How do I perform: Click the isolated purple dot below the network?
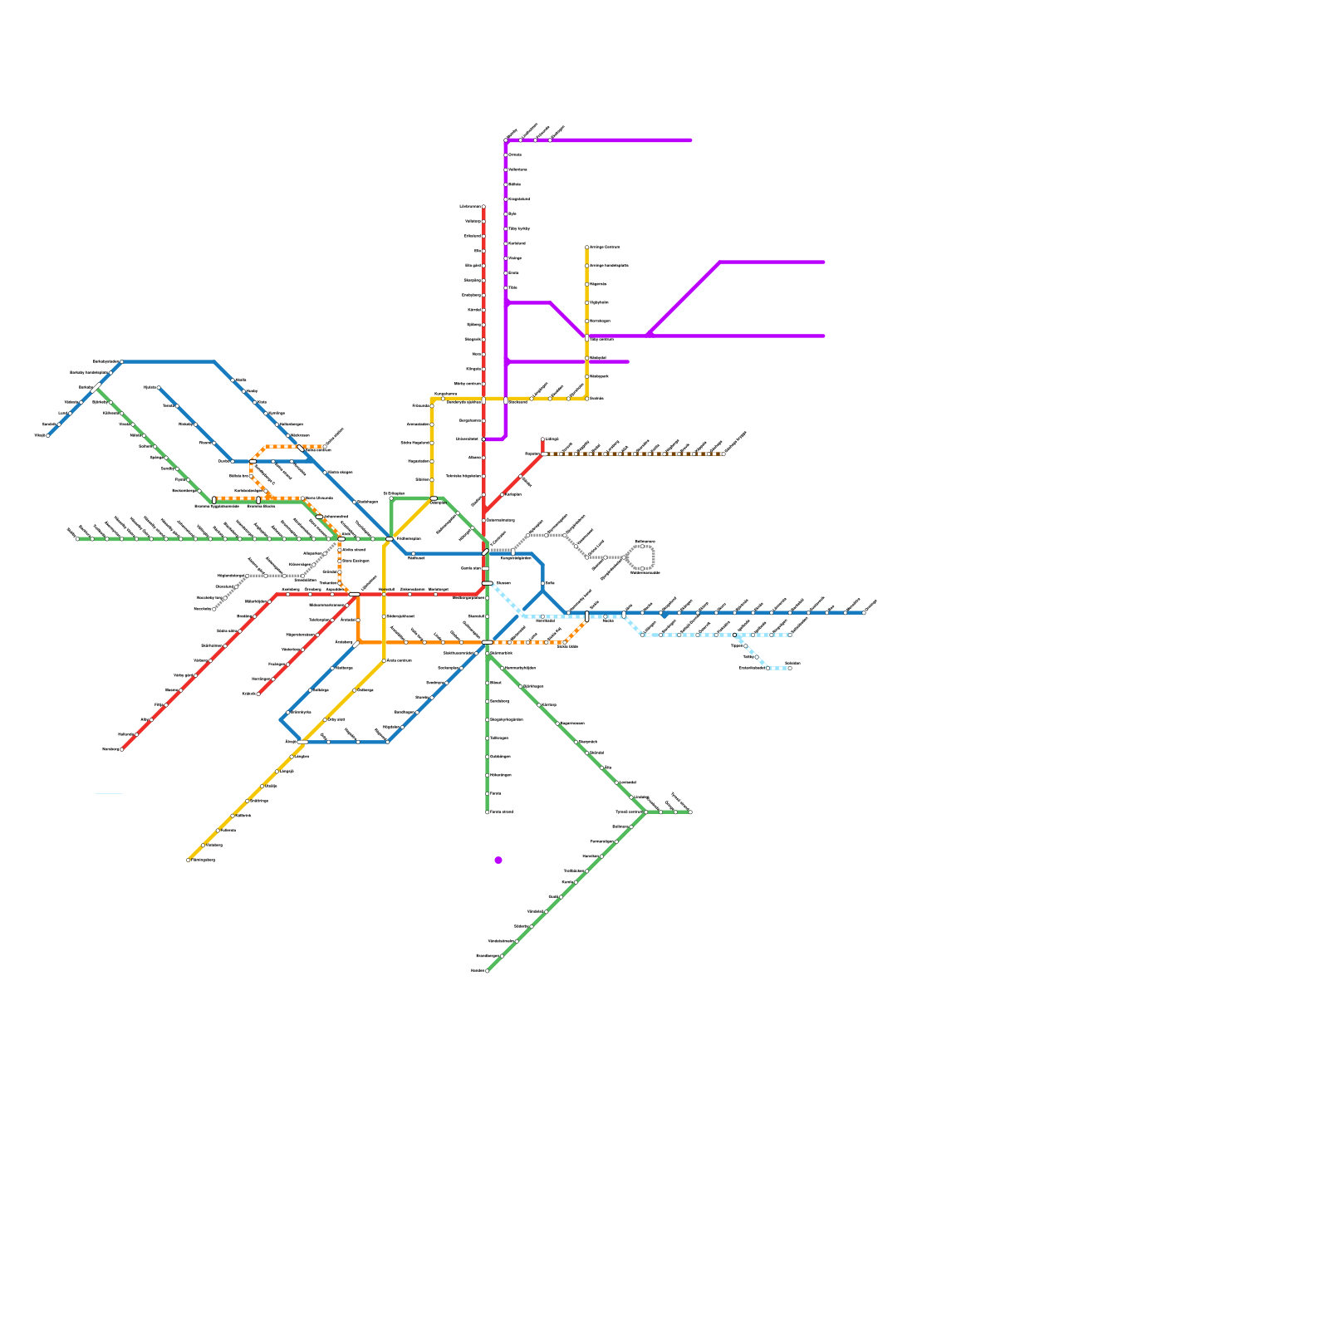[498, 860]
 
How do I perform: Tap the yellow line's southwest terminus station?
[189, 860]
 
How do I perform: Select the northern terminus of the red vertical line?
[483, 206]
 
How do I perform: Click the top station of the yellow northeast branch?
[587, 247]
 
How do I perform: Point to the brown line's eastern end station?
[723, 454]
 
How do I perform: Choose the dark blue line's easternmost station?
[864, 613]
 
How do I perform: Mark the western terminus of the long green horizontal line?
[77, 539]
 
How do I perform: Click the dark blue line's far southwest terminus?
[48, 435]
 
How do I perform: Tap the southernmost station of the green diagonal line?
[487, 970]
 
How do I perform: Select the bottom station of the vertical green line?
[488, 812]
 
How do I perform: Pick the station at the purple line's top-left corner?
[506, 140]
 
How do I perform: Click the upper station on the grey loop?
[642, 547]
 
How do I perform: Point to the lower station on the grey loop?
[642, 568]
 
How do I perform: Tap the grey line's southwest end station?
[214, 609]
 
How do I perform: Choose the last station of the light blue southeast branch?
[789, 668]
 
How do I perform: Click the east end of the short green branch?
[690, 812]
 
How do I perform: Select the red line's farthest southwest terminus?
[122, 749]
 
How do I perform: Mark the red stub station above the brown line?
[542, 439]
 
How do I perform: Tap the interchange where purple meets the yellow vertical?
[587, 337]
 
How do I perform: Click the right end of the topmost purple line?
[690, 140]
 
